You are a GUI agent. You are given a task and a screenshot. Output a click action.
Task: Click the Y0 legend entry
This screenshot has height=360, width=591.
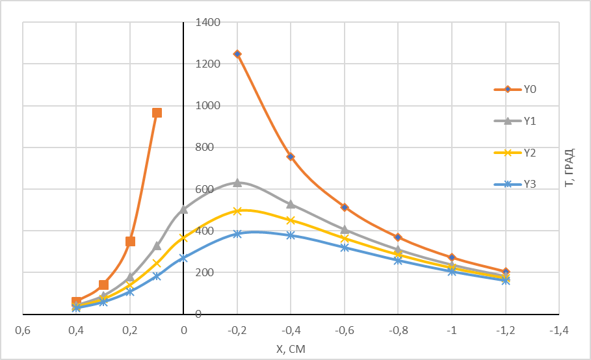click(x=515, y=89)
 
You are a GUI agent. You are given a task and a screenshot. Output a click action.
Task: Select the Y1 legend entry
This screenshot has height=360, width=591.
click(x=515, y=121)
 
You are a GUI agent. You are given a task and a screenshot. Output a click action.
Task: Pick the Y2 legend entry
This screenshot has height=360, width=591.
click(x=515, y=153)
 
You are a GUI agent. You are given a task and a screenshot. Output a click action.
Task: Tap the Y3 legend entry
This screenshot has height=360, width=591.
click(x=515, y=184)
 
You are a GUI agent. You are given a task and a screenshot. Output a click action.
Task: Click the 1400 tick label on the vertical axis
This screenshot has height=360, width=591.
click(x=207, y=22)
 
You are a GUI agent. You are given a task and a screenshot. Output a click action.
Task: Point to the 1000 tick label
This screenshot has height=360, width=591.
click(x=207, y=105)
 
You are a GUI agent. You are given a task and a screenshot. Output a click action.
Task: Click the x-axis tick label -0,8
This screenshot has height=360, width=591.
click(x=398, y=330)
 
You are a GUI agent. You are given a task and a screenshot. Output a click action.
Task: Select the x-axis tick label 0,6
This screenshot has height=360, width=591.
click(x=23, y=330)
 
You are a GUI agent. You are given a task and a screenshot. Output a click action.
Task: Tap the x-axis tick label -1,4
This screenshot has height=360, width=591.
click(x=558, y=330)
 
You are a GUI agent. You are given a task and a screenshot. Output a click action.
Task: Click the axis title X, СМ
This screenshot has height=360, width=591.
click(x=291, y=349)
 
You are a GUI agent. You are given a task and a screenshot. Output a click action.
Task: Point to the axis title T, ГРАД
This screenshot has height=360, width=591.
click(x=570, y=168)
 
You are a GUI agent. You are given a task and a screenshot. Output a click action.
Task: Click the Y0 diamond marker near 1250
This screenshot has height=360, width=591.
click(x=237, y=54)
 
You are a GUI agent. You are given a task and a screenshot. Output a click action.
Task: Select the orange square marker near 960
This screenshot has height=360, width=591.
click(x=157, y=112)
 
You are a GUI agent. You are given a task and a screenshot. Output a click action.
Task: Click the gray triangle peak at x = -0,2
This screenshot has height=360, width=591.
click(x=237, y=183)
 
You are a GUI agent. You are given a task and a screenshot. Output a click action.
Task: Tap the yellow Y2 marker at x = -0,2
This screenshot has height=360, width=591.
click(x=237, y=211)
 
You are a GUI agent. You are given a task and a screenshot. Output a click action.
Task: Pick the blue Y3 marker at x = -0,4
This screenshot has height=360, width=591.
click(x=291, y=235)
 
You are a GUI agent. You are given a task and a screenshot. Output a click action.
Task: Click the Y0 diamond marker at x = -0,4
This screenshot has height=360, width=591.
click(x=291, y=156)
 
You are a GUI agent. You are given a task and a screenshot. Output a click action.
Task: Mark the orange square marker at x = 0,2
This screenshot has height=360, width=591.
click(x=130, y=241)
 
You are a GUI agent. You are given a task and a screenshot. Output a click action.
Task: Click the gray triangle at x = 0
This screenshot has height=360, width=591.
click(x=183, y=209)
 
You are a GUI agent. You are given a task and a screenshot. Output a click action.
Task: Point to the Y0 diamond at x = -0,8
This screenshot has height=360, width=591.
click(x=398, y=237)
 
